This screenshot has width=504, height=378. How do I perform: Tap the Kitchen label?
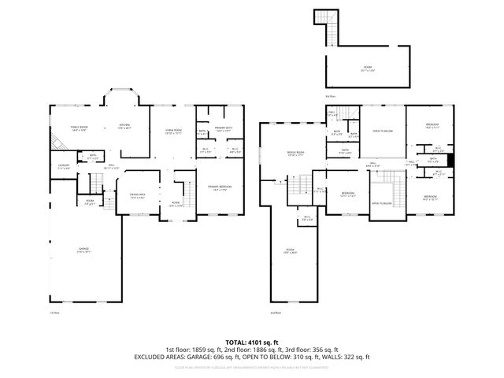124,127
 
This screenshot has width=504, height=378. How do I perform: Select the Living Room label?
172,132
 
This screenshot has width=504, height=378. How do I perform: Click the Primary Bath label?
224,129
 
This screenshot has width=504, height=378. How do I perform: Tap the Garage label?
83,250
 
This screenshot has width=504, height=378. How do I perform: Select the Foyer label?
176,202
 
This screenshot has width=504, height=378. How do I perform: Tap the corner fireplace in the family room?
57,144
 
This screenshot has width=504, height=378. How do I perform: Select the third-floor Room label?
367,69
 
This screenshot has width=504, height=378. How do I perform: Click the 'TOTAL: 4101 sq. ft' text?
251,342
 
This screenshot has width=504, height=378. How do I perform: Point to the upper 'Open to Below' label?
382,132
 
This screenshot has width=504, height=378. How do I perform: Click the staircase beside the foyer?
188,191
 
